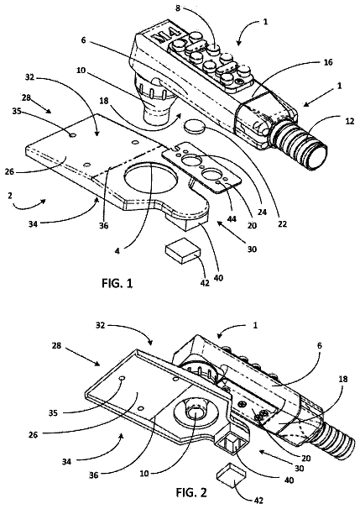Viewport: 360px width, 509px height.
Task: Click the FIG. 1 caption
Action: point(117,283)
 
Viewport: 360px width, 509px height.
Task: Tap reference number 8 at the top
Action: point(178,8)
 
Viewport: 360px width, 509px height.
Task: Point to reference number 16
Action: point(328,61)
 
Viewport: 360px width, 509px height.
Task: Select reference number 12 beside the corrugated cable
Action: point(350,122)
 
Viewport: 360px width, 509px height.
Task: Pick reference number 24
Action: point(262,212)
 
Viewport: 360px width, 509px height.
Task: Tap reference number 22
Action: point(283,223)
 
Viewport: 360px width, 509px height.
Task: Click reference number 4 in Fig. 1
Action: point(117,251)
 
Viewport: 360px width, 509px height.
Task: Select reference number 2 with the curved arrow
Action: point(10,195)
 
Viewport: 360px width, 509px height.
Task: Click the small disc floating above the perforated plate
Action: point(194,126)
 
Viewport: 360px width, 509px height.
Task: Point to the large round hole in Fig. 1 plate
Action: point(150,178)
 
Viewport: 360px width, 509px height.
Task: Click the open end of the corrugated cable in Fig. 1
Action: point(318,158)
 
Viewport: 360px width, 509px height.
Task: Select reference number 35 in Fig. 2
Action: point(53,413)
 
